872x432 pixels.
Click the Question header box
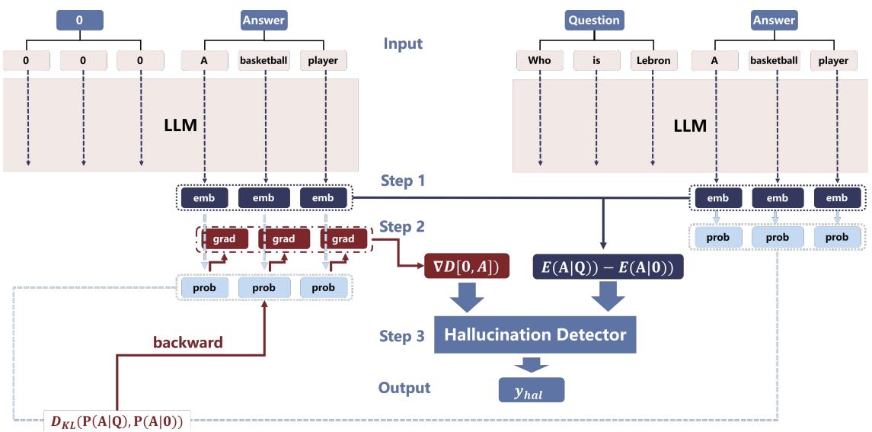[593, 21]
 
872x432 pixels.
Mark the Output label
[404, 388]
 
